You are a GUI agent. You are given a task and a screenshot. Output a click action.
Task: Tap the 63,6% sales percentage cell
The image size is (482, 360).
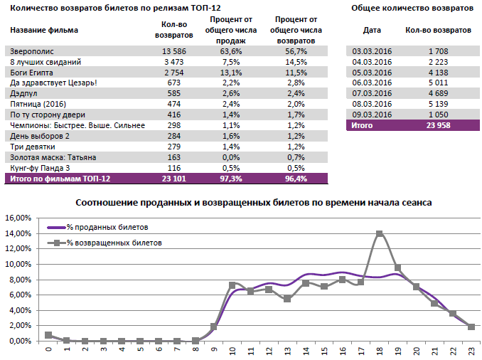pyautogui.click(x=230, y=52)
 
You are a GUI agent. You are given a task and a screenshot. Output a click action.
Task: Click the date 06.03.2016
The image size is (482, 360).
pyautogui.click(x=372, y=83)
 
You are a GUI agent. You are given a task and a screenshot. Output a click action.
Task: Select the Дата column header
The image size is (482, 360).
pyautogui.click(x=372, y=30)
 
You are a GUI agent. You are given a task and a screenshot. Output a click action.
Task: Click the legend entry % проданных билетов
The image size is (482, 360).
pyautogui.click(x=107, y=227)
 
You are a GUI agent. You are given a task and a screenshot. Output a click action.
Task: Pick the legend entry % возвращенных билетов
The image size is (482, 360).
pyautogui.click(x=114, y=243)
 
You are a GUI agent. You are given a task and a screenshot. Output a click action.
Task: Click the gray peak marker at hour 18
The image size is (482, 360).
pyautogui.click(x=380, y=233)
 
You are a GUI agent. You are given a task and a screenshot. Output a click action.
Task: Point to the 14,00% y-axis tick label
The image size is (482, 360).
pyautogui.click(x=18, y=233)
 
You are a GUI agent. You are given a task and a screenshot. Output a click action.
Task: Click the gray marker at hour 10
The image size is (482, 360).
pyautogui.click(x=232, y=285)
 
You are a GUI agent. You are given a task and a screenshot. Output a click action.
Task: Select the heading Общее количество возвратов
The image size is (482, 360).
pyautogui.click(x=412, y=8)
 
